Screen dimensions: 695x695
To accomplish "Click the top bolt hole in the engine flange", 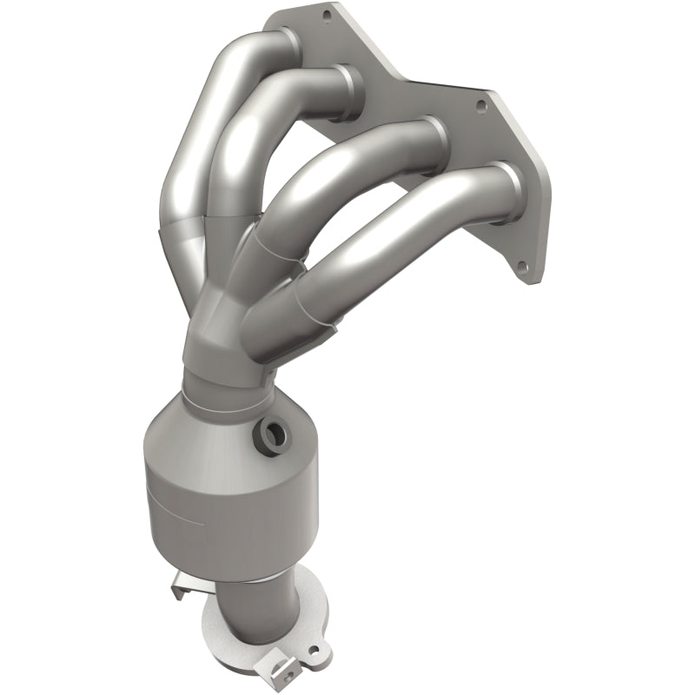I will [328, 15].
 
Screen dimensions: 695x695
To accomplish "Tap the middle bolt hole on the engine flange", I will [480, 106].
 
